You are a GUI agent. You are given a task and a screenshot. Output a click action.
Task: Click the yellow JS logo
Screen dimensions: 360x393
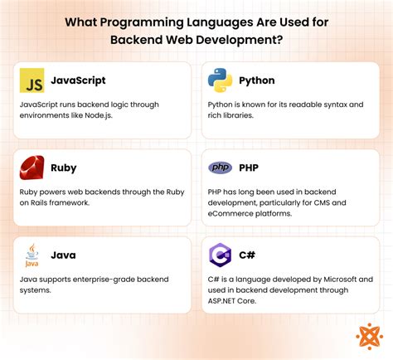[32, 81]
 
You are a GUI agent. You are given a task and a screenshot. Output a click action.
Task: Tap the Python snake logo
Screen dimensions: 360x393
[220, 81]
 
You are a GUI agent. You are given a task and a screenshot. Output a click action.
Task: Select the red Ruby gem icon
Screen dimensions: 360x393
[32, 168]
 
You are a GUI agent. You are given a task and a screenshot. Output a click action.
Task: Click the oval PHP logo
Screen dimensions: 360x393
[220, 168]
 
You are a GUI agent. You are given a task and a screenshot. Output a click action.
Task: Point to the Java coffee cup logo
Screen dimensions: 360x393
[32, 254]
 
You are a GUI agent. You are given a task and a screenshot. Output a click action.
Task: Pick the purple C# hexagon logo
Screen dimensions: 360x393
[220, 255]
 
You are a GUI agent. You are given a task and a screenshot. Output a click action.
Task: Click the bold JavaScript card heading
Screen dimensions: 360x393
[78, 81]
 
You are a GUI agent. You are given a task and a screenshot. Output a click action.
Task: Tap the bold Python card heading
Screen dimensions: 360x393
[258, 81]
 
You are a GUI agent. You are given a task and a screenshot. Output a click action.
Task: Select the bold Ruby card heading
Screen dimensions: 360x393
[64, 168]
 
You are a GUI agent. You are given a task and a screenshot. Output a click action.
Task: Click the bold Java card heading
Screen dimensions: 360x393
[64, 255]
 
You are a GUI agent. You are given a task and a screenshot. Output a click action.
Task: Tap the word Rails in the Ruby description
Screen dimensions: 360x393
[38, 204]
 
